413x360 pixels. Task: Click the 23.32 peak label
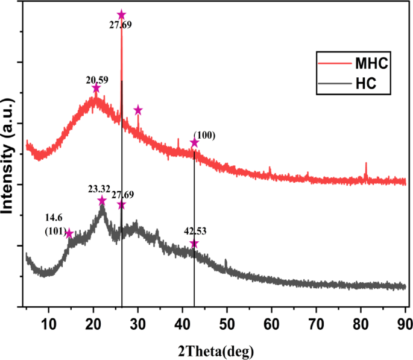point(99,189)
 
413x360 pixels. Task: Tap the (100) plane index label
point(204,135)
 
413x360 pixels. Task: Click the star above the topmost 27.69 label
point(121,14)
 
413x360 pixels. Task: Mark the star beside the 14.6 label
point(69,233)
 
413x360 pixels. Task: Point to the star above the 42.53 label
point(194,244)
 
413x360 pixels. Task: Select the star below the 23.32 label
point(102,200)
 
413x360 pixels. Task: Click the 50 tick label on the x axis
point(227,322)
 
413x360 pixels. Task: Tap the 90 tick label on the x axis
point(405,322)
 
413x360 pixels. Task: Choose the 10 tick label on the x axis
point(49,322)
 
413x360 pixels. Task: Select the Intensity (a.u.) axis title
point(8,154)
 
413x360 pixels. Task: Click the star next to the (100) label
point(194,143)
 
